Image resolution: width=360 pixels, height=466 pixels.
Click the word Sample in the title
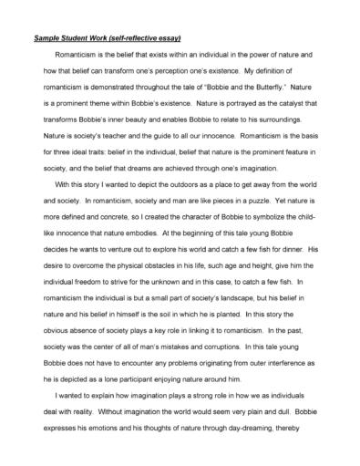coord(47,38)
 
